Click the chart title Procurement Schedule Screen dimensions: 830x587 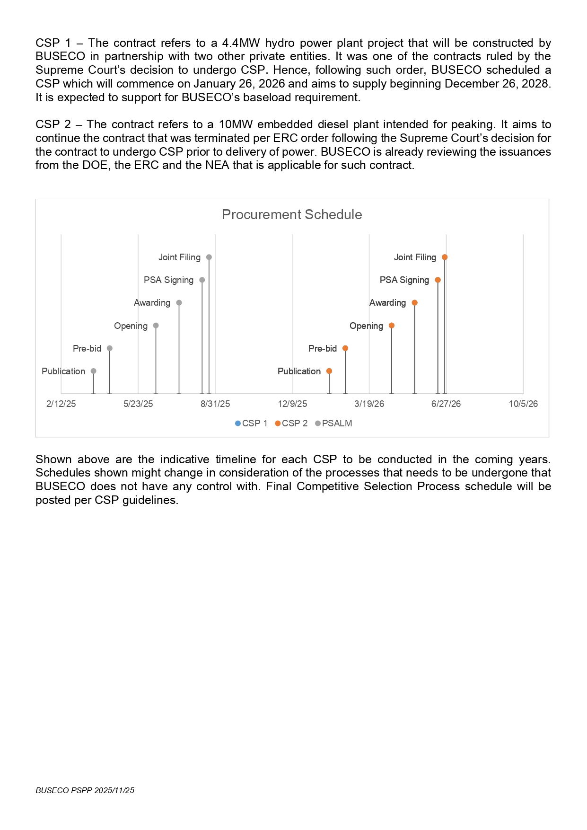[292, 215]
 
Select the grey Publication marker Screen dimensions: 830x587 [94, 371]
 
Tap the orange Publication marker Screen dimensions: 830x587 [329, 371]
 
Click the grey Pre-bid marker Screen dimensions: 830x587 [110, 348]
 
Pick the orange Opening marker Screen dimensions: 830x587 [392, 326]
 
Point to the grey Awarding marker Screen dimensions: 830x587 [179, 303]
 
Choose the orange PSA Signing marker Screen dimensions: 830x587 [438, 280]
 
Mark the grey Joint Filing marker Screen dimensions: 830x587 [209, 257]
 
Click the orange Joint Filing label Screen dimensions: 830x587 [415, 257]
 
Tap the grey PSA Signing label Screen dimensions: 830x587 [168, 280]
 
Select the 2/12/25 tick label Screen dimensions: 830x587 [61, 404]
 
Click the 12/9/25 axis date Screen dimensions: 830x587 [292, 404]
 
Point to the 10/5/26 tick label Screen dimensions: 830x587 [523, 404]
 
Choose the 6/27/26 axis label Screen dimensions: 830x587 [446, 404]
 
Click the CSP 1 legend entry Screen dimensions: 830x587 [251, 424]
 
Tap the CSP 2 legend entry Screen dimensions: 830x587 [291, 424]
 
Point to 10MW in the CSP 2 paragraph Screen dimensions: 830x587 [236, 124]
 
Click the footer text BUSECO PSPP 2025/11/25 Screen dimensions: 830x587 [85, 790]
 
